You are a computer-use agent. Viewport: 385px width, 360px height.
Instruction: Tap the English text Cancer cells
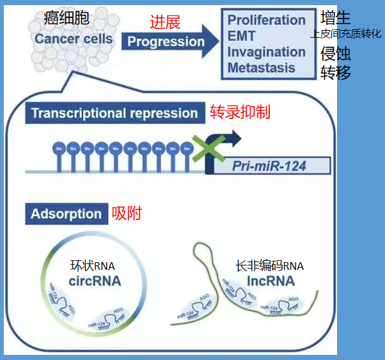74,39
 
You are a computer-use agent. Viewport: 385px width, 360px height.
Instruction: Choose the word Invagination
266,52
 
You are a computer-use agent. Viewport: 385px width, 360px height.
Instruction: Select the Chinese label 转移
336,73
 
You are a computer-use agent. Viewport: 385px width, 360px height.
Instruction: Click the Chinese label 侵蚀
336,53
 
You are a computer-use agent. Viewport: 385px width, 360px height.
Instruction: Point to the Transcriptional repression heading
114,114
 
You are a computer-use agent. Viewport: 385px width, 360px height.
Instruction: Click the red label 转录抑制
240,113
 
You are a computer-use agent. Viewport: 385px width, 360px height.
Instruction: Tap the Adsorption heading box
66,214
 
